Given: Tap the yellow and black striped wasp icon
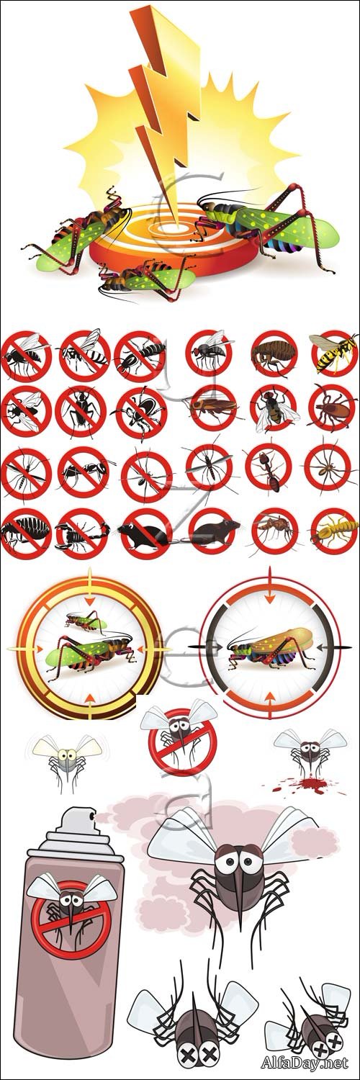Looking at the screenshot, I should (334, 351).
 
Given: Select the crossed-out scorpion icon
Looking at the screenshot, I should (81, 533).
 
